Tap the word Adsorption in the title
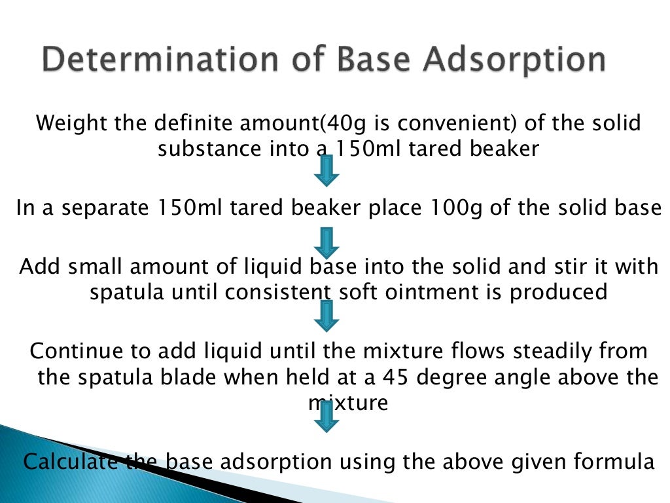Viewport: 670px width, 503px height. (514, 60)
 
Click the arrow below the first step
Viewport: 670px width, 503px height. (327, 170)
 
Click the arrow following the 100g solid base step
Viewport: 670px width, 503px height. (327, 242)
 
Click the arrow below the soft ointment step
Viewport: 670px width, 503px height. (327, 316)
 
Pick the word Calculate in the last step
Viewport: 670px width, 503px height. (70, 461)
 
